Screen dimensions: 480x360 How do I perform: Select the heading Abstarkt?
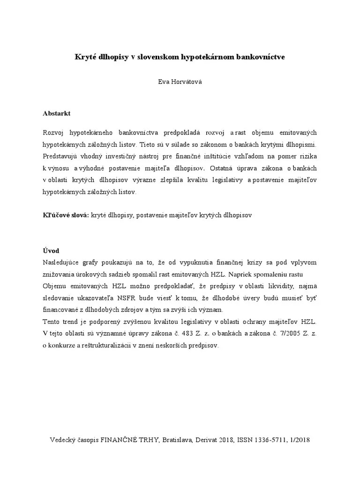point(56,114)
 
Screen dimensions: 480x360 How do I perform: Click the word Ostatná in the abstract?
point(224,168)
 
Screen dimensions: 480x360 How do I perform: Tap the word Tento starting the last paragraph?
point(51,322)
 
